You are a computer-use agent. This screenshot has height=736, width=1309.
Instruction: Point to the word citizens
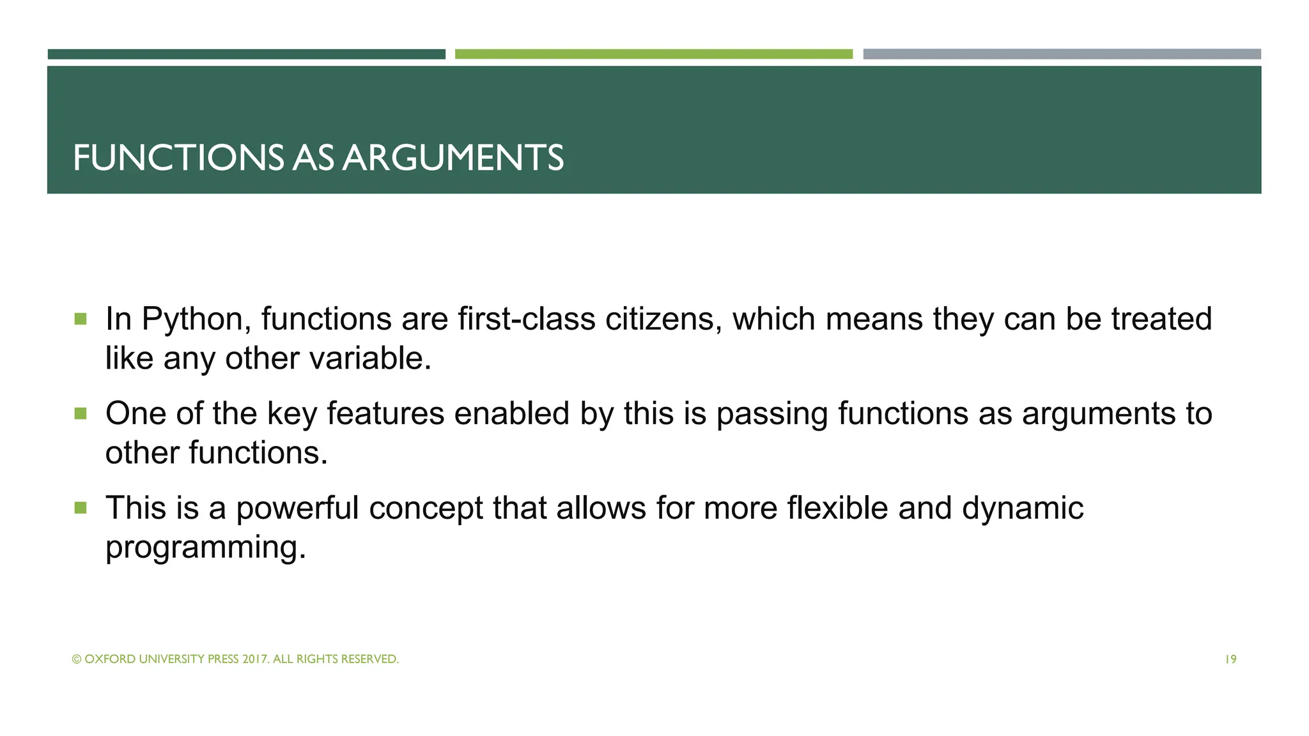click(663, 319)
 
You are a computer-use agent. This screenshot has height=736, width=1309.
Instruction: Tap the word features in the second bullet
click(385, 413)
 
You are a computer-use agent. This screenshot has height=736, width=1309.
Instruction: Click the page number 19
click(1230, 659)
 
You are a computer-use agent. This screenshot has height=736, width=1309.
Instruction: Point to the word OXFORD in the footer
click(109, 659)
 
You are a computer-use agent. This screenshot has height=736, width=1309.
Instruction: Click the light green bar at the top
click(653, 54)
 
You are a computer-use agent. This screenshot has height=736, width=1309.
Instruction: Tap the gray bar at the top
click(1062, 54)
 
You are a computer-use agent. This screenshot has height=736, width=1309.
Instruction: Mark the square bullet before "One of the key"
click(81, 414)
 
